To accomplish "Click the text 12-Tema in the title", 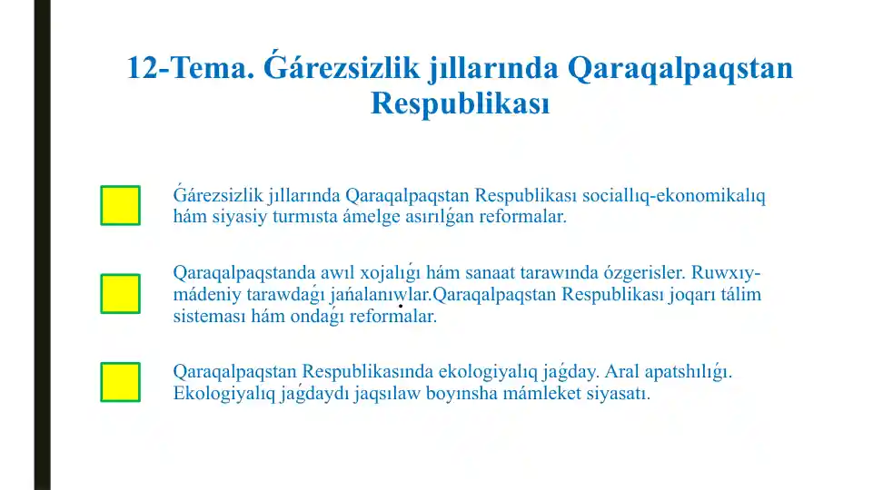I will tap(185, 69).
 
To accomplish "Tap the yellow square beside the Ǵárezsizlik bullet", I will tap(120, 205).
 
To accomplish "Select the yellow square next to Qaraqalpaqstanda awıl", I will tap(120, 293).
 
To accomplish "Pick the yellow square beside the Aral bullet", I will tap(120, 382).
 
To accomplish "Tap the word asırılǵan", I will tap(430, 218).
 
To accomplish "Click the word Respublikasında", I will tap(367, 373).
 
